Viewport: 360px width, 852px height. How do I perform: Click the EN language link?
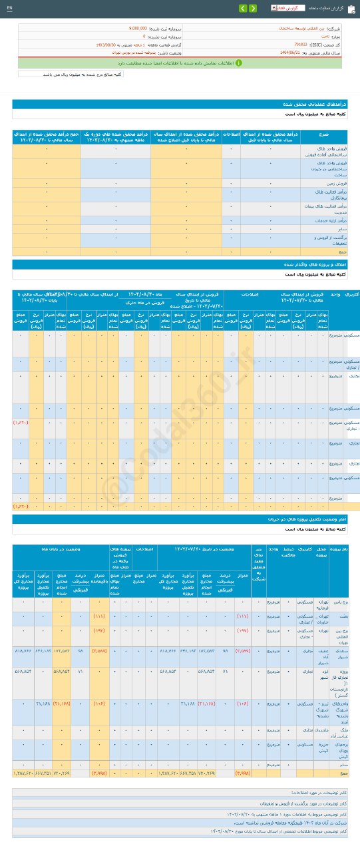[x=9, y=7]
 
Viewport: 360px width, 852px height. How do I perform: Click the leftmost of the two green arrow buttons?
[x=243, y=8]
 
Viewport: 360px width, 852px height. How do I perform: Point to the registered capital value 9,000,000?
[x=143, y=29]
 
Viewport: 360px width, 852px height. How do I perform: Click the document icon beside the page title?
[x=351, y=8]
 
